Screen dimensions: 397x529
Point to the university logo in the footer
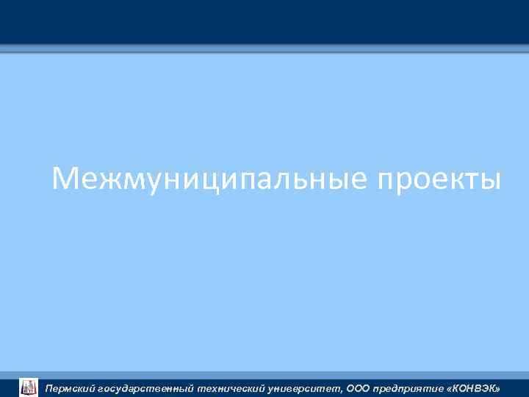click(28, 387)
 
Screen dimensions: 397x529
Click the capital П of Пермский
click(49, 387)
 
